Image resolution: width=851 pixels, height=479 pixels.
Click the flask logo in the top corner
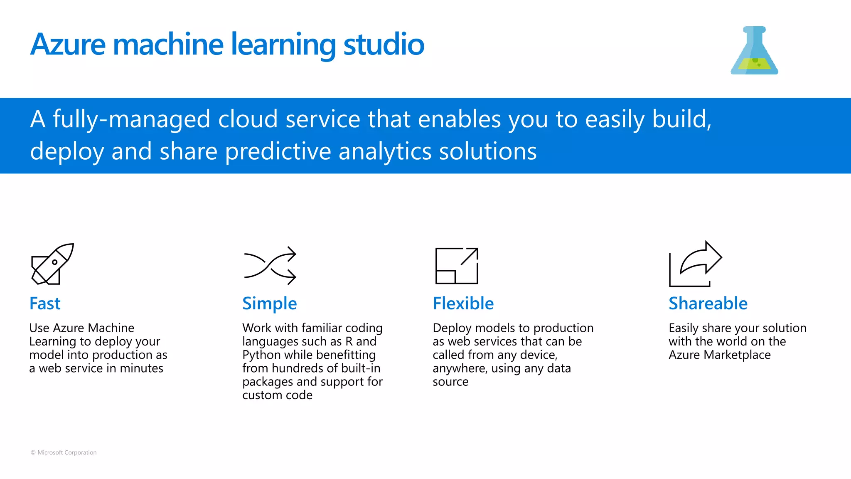click(754, 51)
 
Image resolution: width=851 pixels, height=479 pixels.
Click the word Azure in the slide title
click(68, 44)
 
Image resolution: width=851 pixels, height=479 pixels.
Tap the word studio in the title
click(384, 44)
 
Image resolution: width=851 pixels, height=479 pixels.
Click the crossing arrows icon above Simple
click(270, 266)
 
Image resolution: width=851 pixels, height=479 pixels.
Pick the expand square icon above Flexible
click(457, 266)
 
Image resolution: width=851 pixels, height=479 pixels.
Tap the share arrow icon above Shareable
click(695, 264)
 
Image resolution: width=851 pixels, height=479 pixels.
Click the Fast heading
click(45, 304)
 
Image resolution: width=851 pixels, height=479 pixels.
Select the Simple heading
click(269, 304)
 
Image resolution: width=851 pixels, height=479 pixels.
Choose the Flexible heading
click(463, 304)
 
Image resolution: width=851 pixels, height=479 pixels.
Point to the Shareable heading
click(708, 304)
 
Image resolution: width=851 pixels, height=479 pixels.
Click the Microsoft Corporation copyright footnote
click(64, 452)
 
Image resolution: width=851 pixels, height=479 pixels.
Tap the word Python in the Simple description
click(261, 355)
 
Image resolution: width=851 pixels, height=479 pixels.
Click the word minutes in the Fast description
click(141, 368)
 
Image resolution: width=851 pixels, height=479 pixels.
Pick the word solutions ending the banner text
click(488, 151)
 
